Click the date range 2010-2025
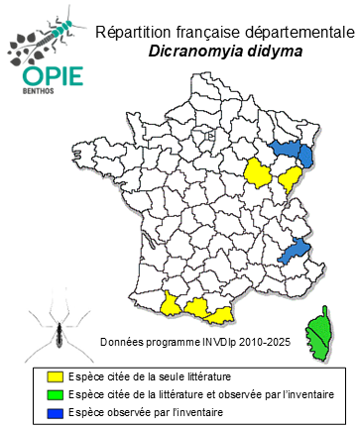point(267,342)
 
